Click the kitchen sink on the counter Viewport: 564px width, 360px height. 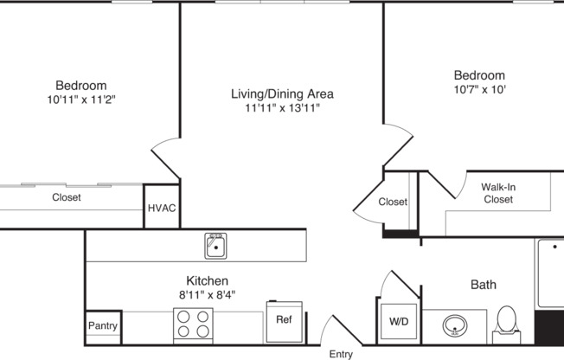click(x=216, y=246)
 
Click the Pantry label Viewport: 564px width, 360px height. click(x=103, y=327)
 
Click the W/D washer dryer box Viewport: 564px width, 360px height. click(x=398, y=321)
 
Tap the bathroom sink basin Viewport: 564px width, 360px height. click(x=455, y=327)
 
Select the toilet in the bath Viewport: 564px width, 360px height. click(x=507, y=322)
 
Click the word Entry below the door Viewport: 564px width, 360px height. click(x=341, y=354)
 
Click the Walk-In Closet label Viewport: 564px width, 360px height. click(x=497, y=193)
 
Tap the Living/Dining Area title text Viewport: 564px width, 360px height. click(x=282, y=93)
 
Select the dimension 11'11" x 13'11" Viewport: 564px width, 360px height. click(x=282, y=109)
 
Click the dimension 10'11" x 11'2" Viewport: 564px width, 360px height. click(x=81, y=100)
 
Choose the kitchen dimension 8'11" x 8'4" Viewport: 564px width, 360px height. click(x=208, y=295)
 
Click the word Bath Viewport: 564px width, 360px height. click(x=484, y=284)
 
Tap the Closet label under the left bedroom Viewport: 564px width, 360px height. click(x=67, y=197)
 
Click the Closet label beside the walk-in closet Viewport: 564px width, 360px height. click(x=393, y=202)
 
